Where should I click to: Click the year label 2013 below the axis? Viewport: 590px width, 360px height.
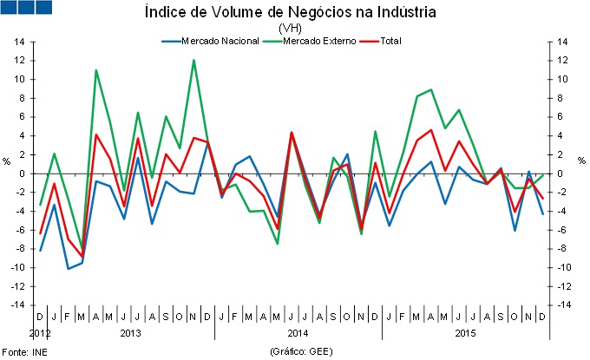(131, 333)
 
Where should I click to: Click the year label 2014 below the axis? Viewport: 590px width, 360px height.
(298, 333)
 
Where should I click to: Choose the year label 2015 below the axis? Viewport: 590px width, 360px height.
(464, 333)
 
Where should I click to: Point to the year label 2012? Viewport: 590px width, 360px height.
(39, 333)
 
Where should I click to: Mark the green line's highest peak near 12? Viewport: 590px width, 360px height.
(193, 61)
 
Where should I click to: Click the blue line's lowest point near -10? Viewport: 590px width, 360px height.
(68, 269)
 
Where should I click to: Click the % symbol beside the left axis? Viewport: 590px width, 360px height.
(7, 161)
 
